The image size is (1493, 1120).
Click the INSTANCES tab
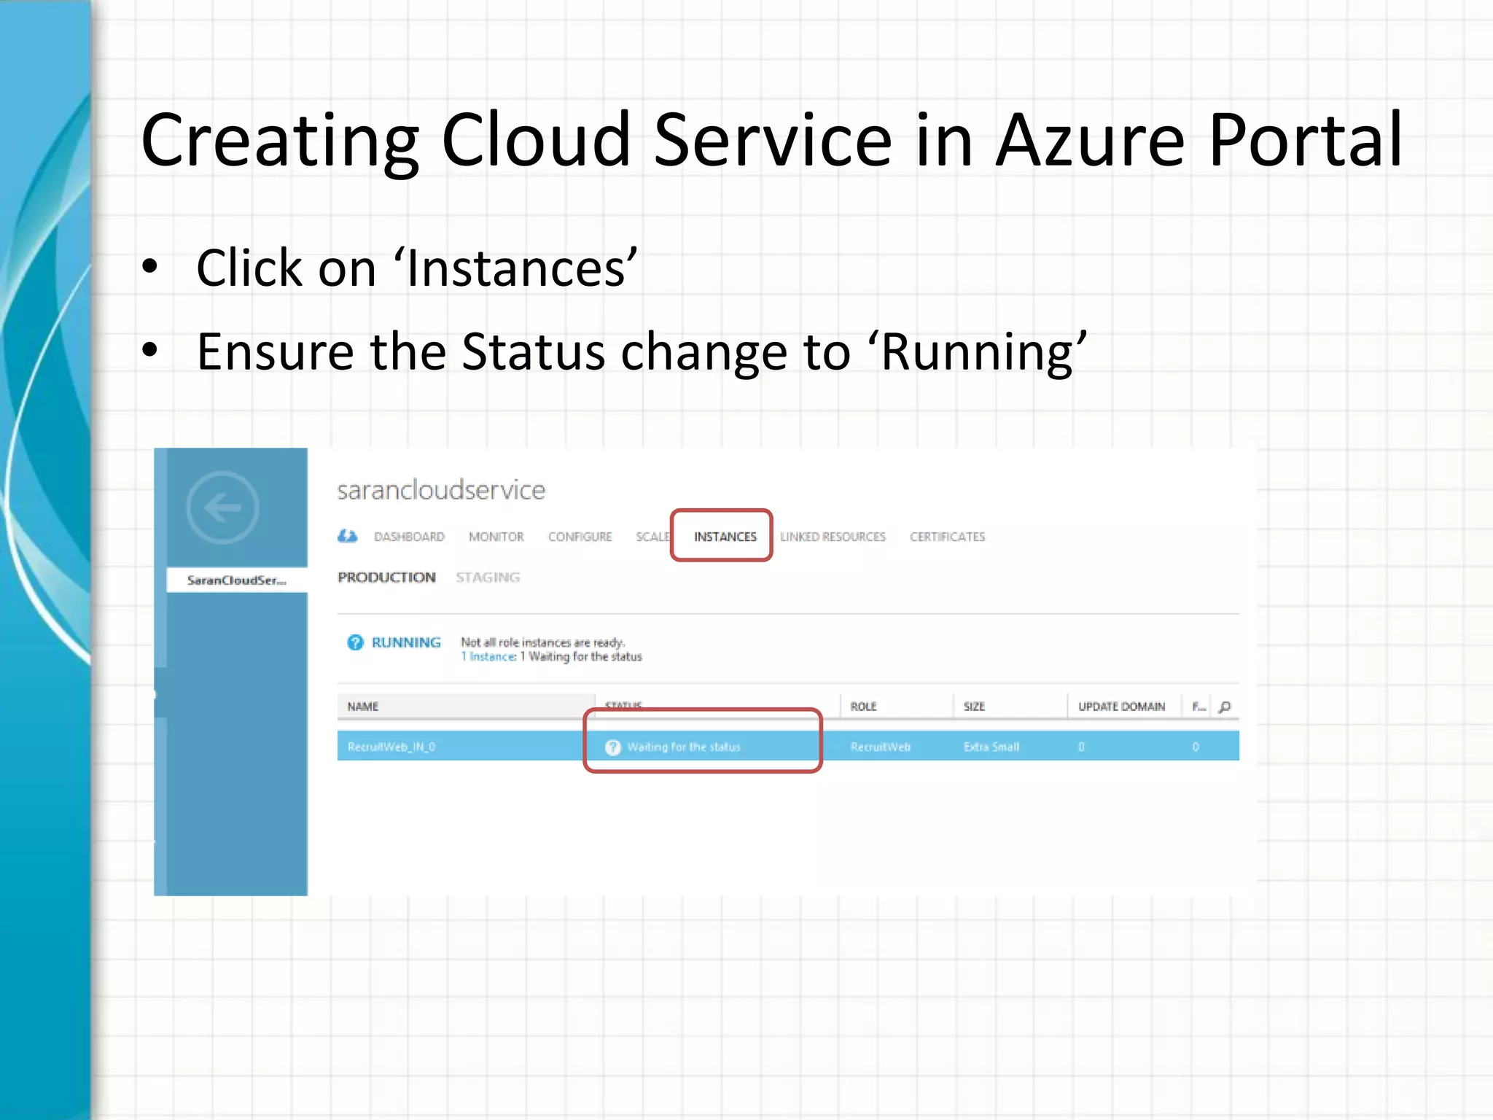725,537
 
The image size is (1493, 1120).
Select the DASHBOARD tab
409,537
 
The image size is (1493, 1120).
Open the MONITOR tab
496,537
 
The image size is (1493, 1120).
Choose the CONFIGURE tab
580,537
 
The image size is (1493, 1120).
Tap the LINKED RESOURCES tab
833,537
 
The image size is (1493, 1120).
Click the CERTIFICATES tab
947,537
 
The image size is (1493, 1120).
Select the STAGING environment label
488,577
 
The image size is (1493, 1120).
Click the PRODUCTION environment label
386,577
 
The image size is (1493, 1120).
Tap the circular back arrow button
222,507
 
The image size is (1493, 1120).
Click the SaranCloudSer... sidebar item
237,580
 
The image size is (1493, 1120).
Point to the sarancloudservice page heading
441,490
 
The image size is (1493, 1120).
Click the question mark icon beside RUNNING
355,642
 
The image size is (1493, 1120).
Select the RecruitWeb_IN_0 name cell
391,747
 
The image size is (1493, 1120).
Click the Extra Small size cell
991,747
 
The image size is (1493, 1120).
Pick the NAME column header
363,707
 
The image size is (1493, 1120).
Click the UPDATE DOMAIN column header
1121,707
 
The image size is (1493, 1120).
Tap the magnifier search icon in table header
1225,707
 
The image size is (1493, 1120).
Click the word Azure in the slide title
1090,140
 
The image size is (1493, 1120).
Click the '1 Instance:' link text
488,657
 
